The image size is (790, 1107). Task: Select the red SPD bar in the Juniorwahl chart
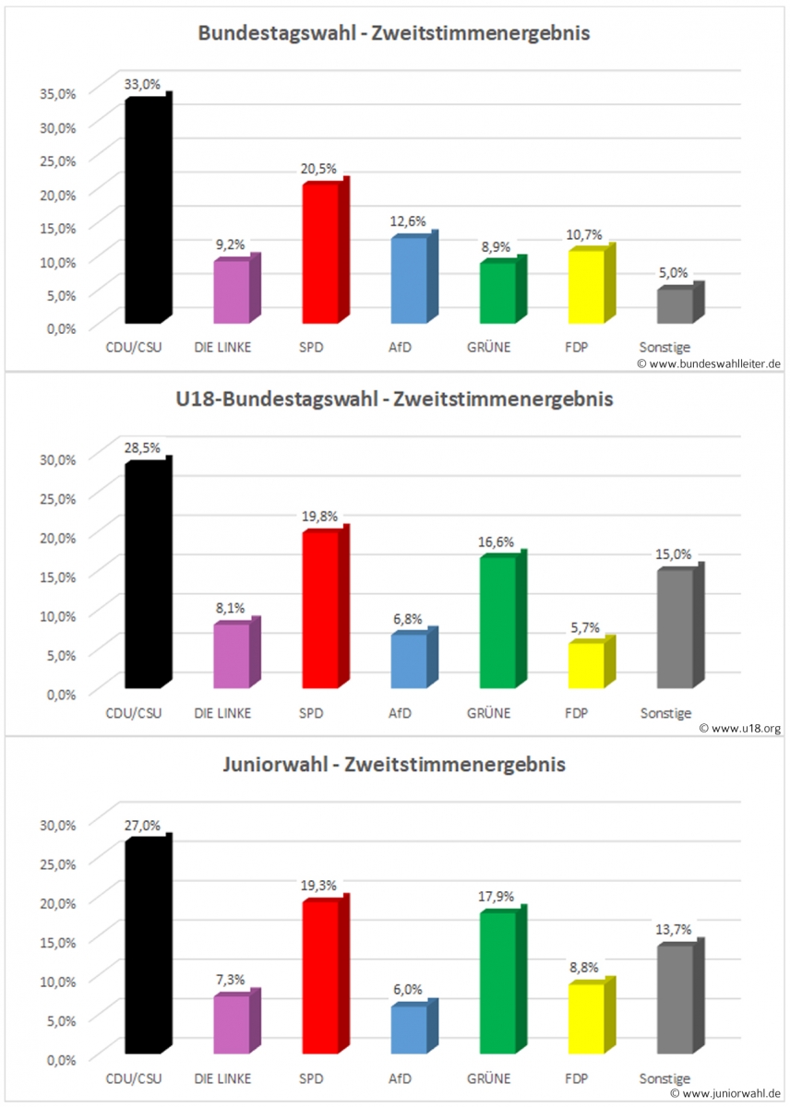coord(319,978)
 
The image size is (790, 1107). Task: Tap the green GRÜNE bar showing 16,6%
coord(497,623)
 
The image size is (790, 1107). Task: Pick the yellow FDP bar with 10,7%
coord(586,287)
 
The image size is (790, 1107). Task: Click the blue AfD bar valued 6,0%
coord(408,1030)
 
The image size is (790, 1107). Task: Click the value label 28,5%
coord(142,448)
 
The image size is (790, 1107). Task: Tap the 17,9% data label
coord(498,897)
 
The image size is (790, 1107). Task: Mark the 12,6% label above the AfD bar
coord(409,222)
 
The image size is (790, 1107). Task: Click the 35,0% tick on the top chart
coord(56,92)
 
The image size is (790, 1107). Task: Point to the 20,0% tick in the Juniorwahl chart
coord(56,901)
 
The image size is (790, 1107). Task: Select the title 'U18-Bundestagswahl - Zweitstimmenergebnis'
coord(394,400)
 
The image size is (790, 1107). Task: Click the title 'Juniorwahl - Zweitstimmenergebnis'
coord(394,765)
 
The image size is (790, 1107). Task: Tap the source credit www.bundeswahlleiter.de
coord(709,363)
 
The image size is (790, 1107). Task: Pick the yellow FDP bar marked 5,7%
coord(586,665)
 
